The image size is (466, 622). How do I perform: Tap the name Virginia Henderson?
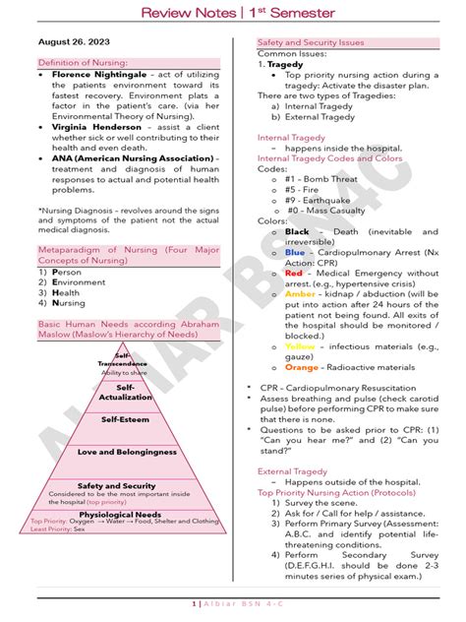pos(96,126)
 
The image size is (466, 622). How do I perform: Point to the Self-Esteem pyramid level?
pos(124,419)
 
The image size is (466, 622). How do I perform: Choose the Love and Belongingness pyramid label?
pos(127,452)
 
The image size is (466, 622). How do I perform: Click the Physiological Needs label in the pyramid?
pos(121,513)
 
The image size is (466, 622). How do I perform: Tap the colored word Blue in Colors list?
pos(295,252)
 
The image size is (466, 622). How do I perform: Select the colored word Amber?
pos(300,293)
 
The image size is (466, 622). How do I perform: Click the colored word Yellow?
pos(300,346)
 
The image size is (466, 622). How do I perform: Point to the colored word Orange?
pos(301,367)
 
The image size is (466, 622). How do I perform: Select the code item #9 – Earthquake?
pos(320,199)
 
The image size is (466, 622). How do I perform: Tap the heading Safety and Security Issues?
pos(311,43)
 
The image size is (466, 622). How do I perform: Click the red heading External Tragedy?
pos(292,470)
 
